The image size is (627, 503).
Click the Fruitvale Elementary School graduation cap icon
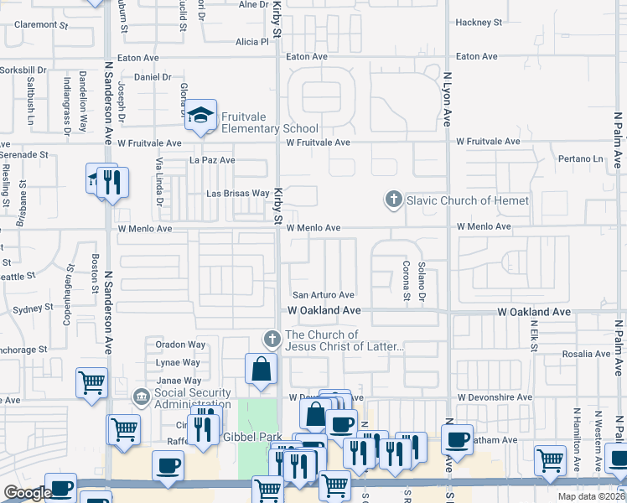click(x=200, y=117)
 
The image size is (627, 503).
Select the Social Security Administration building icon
click(x=141, y=396)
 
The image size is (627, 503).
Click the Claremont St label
click(x=40, y=25)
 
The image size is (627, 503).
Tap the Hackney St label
click(x=478, y=23)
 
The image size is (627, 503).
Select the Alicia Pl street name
click(x=251, y=41)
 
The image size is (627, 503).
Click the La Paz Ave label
click(x=212, y=159)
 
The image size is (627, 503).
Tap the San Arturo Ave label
click(x=323, y=295)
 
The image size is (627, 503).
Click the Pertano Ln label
click(x=581, y=158)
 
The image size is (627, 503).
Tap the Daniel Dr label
click(x=153, y=76)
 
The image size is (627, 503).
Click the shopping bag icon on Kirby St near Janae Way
click(x=262, y=369)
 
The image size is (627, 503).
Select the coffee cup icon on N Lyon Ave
click(x=458, y=438)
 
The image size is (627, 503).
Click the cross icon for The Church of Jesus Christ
click(x=271, y=340)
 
